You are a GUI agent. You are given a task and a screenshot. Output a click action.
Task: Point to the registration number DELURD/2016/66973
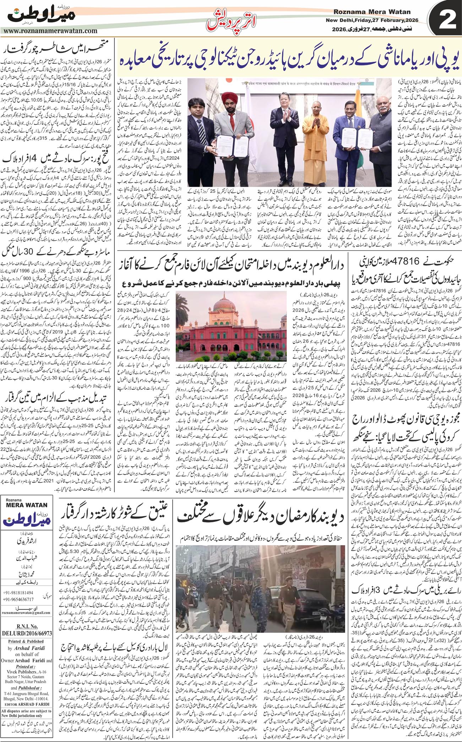(27, 633)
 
